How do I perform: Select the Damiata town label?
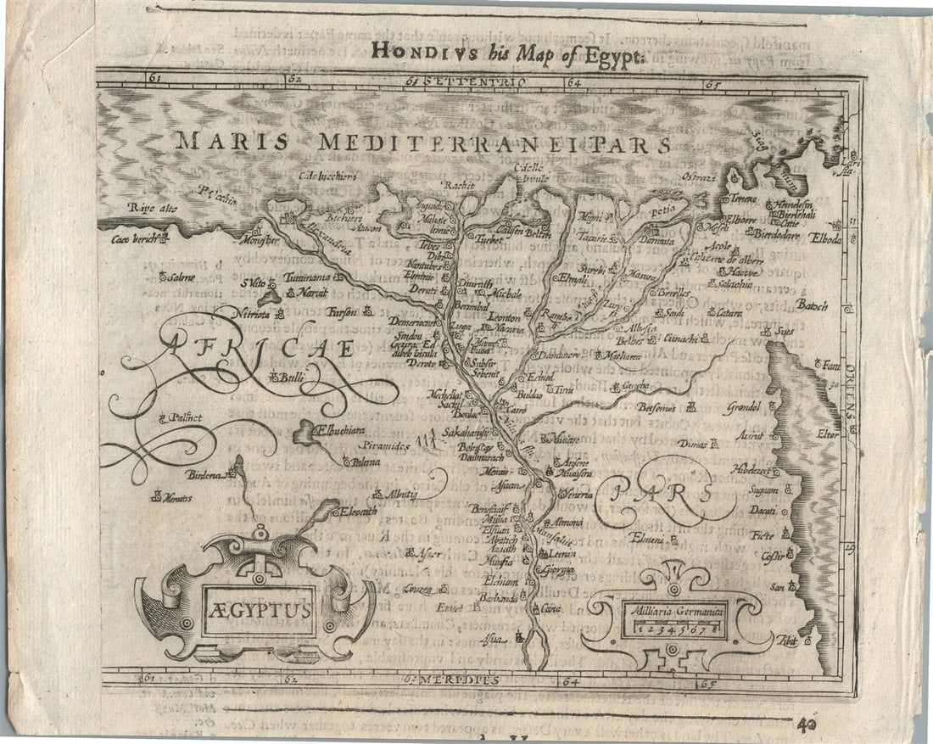pyautogui.click(x=656, y=242)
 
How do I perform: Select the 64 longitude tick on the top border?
pyautogui.click(x=573, y=83)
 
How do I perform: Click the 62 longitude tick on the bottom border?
pyautogui.click(x=293, y=678)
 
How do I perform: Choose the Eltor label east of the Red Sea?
pyautogui.click(x=827, y=434)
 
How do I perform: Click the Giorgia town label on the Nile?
pyautogui.click(x=559, y=568)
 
